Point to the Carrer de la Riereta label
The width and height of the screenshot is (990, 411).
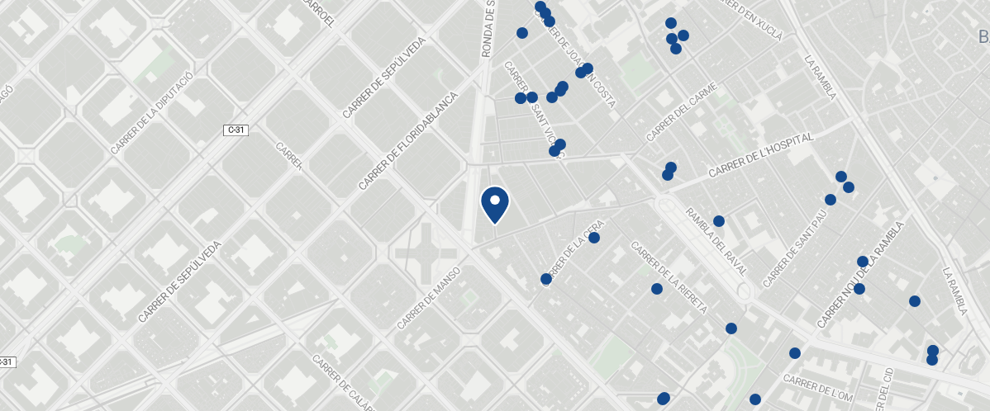pyautogui.click(x=669, y=277)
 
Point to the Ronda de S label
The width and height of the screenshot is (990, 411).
pyautogui.click(x=488, y=29)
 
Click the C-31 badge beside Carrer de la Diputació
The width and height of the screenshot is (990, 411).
pyautogui.click(x=237, y=130)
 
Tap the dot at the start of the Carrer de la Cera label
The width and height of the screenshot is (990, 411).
pyautogui.click(x=545, y=279)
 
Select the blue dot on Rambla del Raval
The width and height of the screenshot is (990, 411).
pyautogui.click(x=719, y=221)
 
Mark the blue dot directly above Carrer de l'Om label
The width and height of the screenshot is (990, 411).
pyautogui.click(x=795, y=353)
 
